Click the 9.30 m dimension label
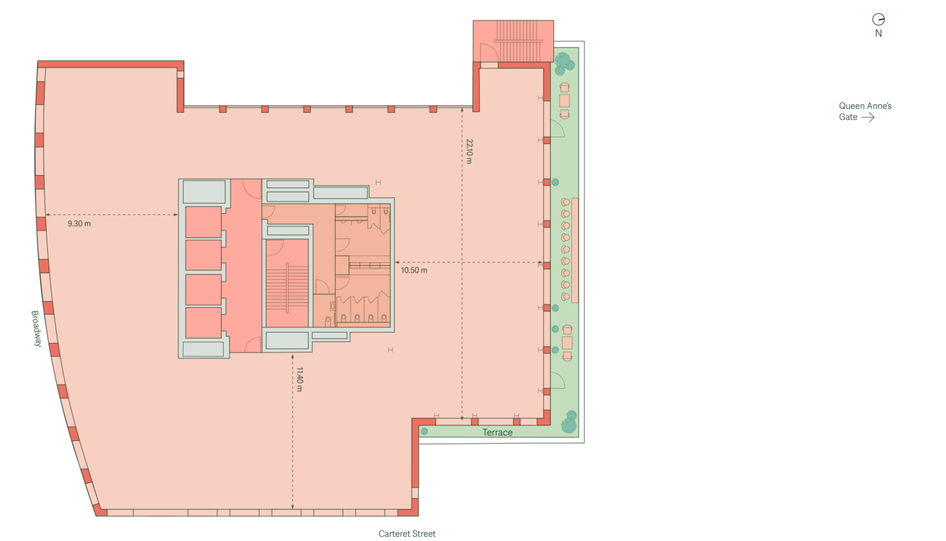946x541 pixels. [x=79, y=224]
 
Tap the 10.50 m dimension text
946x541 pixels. [x=414, y=270]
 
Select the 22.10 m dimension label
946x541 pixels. [x=469, y=151]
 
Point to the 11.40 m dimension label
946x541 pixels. [x=299, y=379]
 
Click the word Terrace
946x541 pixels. [x=497, y=432]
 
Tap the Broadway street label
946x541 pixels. [x=36, y=329]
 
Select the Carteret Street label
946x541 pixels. [x=407, y=534]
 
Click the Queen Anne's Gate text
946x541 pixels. [x=865, y=112]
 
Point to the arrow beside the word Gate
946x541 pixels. [x=868, y=117]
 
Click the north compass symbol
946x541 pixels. [x=878, y=20]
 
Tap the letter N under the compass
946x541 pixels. [x=878, y=33]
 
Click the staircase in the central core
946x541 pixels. [x=287, y=283]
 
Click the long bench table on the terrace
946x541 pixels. [x=575, y=250]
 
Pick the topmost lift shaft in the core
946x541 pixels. [x=203, y=222]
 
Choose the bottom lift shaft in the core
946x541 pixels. [x=203, y=323]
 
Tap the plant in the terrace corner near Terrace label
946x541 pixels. [x=424, y=431]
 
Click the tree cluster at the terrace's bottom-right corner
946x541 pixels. [x=569, y=422]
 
